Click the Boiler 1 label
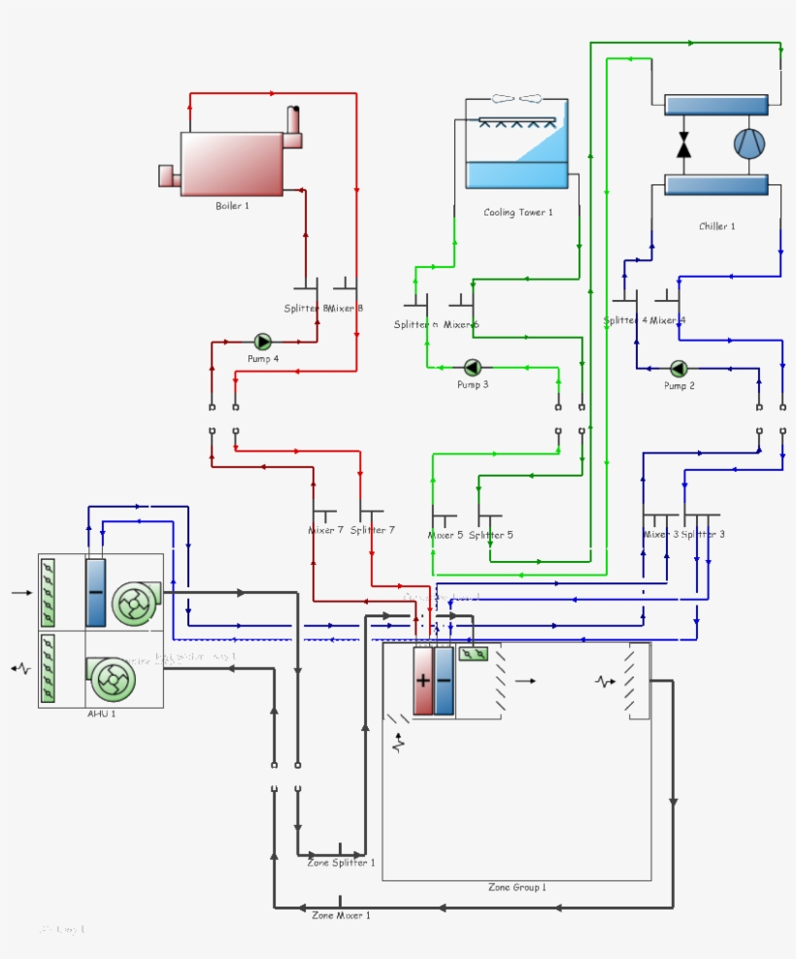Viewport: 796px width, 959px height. coord(232,206)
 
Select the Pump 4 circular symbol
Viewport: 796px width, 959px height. coord(262,342)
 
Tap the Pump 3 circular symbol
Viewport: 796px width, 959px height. coord(473,367)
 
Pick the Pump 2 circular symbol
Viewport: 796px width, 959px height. coord(679,368)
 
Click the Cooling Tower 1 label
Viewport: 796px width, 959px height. coord(518,213)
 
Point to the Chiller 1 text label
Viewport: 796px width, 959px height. coord(716,226)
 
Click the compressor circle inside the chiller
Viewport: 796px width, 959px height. coord(748,144)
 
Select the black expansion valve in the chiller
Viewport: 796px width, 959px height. coord(683,145)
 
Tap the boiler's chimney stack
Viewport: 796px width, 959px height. coord(292,124)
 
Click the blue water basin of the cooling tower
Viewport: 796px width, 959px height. coord(516,174)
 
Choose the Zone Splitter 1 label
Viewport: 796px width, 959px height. coord(340,862)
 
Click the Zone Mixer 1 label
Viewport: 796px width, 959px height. coord(340,915)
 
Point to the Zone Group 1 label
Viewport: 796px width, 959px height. coord(516,887)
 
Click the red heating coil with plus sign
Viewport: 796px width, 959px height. coord(423,680)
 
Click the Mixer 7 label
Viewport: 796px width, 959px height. coord(325,531)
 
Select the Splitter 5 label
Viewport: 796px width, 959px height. coord(490,535)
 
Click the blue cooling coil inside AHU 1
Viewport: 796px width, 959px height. coord(95,592)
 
